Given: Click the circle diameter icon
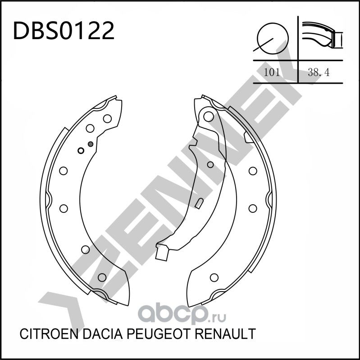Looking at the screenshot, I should click(272, 37).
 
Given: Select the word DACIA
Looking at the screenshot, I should click(98, 334).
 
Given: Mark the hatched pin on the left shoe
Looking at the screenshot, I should click(91, 144).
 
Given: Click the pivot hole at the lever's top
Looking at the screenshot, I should click(208, 117).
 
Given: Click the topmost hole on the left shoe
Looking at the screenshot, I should click(107, 119).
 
